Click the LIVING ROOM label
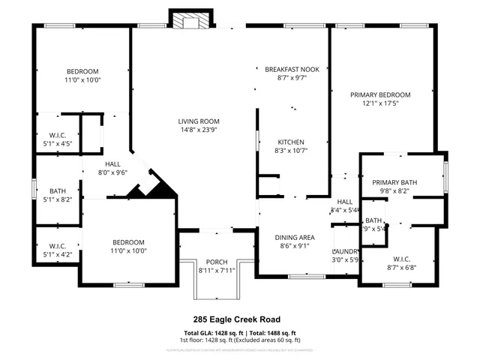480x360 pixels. point(198,121)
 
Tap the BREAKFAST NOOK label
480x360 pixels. point(292,69)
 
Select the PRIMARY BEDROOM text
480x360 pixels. point(381,94)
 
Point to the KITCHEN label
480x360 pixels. point(292,142)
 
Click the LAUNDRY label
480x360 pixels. point(345,251)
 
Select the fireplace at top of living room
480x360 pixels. point(187,21)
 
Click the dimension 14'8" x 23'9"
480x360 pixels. point(198,130)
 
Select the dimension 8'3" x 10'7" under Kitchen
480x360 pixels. point(292,150)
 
